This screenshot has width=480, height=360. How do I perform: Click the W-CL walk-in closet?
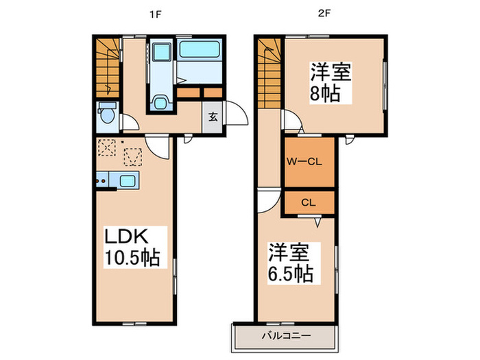coord(309,163)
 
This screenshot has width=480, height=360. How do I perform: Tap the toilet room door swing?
coord(131,124)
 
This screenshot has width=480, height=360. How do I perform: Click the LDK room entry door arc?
coord(157,145)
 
